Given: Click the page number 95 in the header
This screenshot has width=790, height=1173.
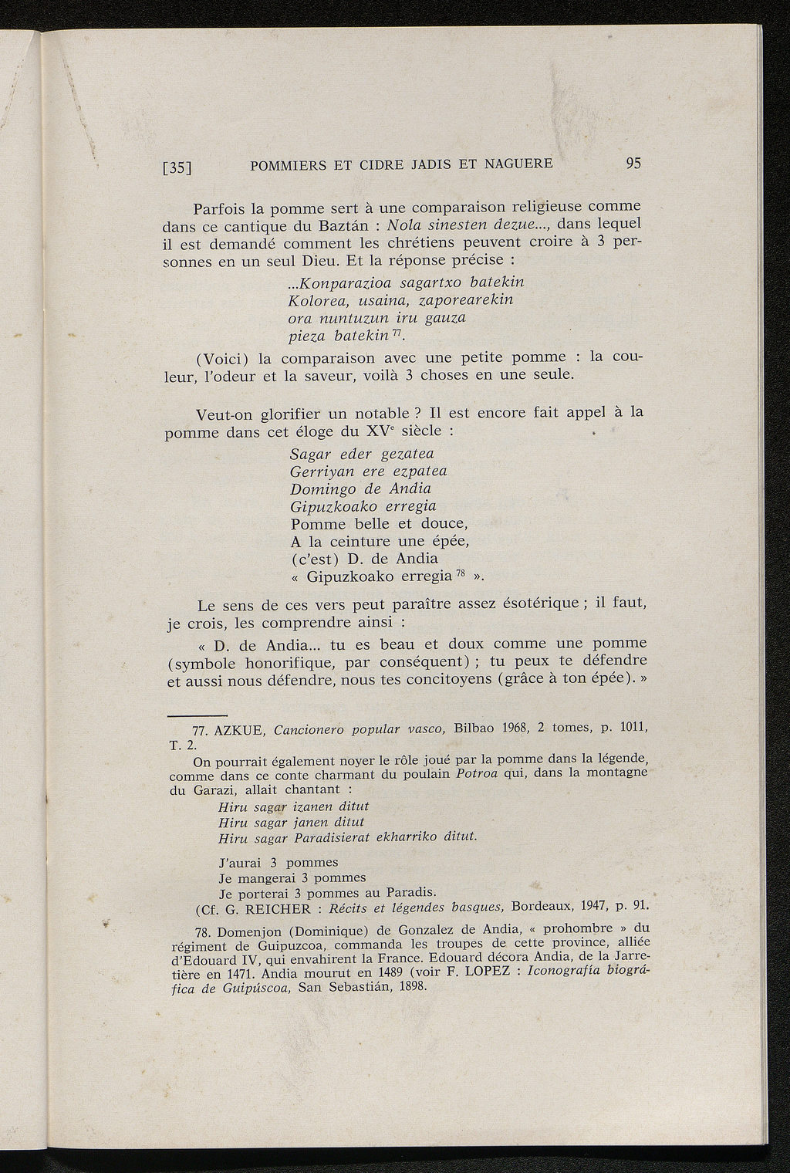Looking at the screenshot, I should point(633,164).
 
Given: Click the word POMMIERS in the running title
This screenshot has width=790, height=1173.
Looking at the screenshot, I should point(288,164).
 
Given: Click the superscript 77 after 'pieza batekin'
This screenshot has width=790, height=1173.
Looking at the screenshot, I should point(396,333).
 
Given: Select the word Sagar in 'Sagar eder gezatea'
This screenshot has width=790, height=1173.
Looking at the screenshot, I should point(309,453).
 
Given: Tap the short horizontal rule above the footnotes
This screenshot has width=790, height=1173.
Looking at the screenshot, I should point(197,714).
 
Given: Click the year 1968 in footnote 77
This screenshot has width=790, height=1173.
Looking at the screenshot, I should point(519,728).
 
